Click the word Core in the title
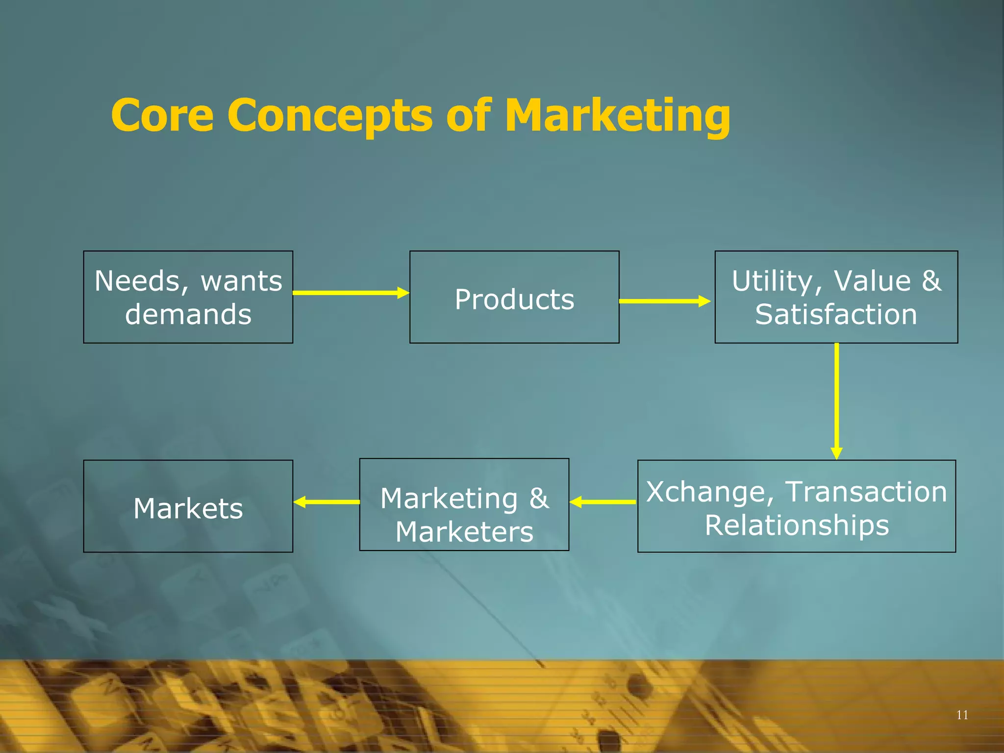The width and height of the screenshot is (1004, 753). pyautogui.click(x=162, y=115)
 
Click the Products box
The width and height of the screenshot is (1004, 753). pyautogui.click(x=514, y=297)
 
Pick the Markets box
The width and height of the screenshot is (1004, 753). pyautogui.click(x=188, y=506)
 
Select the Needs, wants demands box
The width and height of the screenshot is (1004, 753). pyautogui.click(x=188, y=297)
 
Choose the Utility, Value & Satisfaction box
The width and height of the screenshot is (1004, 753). pyautogui.click(x=836, y=297)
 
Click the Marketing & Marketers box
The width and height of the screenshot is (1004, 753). pyautogui.click(x=464, y=504)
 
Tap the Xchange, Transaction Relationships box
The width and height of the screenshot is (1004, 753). pyautogui.click(x=797, y=506)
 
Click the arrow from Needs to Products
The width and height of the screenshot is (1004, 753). pyautogui.click(x=351, y=293)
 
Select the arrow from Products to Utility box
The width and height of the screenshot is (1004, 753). pyautogui.click(x=665, y=301)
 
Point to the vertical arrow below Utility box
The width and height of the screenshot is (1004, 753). pyautogui.click(x=836, y=401)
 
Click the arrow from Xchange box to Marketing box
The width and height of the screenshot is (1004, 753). pyautogui.click(x=603, y=502)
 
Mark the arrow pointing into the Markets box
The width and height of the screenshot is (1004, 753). pyautogui.click(x=326, y=502)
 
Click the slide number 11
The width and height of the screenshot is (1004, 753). pyautogui.click(x=962, y=715)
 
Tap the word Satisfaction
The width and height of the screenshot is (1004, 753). pyautogui.click(x=836, y=314)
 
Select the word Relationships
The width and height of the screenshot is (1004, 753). pyautogui.click(x=797, y=525)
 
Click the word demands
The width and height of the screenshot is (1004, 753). pyautogui.click(x=188, y=314)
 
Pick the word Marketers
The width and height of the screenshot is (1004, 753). pyautogui.click(x=464, y=532)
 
